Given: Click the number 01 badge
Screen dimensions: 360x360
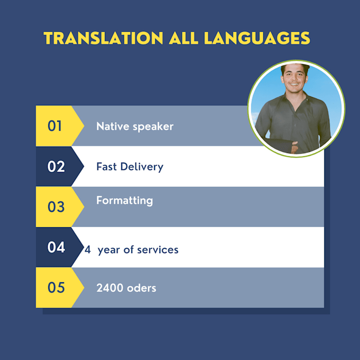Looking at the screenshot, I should pos(55,126).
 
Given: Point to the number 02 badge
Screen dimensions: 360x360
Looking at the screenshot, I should pos(56,167).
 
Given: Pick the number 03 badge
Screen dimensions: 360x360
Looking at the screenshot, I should pos(56,207).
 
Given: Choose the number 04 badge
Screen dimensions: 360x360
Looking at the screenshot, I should pos(56,247).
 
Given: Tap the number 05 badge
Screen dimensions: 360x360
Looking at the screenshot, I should pos(56,287).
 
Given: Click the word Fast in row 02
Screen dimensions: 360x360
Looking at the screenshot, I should pos(106,167).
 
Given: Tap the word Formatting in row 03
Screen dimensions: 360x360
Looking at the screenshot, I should pos(124,201).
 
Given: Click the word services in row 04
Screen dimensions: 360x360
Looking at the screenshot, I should pos(158,250).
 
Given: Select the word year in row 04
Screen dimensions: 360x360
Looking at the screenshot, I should pos(109,250).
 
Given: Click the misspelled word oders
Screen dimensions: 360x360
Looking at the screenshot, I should pos(141,288).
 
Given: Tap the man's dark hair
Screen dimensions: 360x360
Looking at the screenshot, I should pos(295,69).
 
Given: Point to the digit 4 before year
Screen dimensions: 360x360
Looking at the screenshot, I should pos(88,250).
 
